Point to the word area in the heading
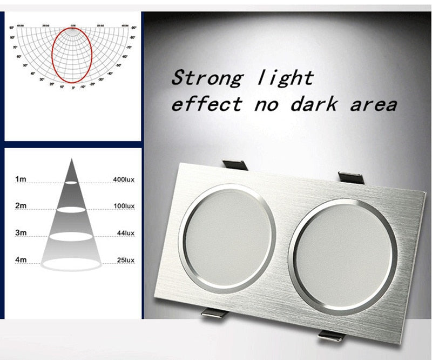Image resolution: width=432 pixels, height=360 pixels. [x=373, y=104]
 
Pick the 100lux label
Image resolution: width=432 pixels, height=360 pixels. [x=124, y=206]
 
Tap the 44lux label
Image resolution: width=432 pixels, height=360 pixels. [x=125, y=233]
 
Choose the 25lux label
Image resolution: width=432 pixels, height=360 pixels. [x=125, y=261]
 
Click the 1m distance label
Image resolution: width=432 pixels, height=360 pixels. [x=21, y=178]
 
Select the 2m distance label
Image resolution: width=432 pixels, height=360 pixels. [x=21, y=206]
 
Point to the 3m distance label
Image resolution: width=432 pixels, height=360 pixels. [x=21, y=233]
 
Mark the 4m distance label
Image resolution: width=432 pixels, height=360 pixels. [x=21, y=261]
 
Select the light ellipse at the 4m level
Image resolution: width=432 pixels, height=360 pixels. [x=71, y=264]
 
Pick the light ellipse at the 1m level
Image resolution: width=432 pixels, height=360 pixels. [x=71, y=183]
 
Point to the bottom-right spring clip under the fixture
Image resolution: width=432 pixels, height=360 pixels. [x=332, y=335]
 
